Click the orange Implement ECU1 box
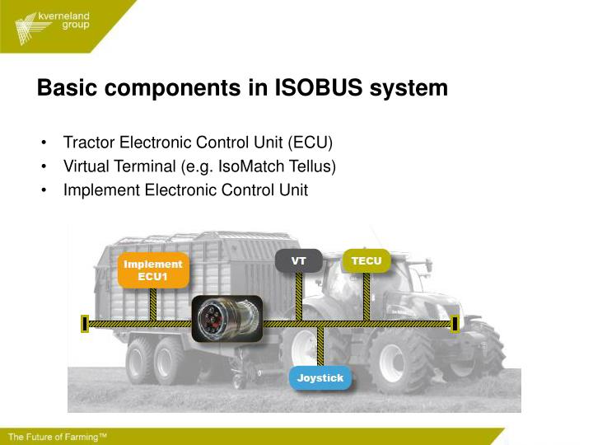pos(153,270)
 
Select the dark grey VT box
pos(298,261)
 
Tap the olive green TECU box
pos(366,261)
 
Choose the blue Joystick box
pos(320,378)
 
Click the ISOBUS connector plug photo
pos(226,318)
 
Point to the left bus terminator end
pos(85,324)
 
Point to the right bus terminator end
pos(455,324)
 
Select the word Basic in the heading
pos(67,88)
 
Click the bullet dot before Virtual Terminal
pos(43,166)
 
